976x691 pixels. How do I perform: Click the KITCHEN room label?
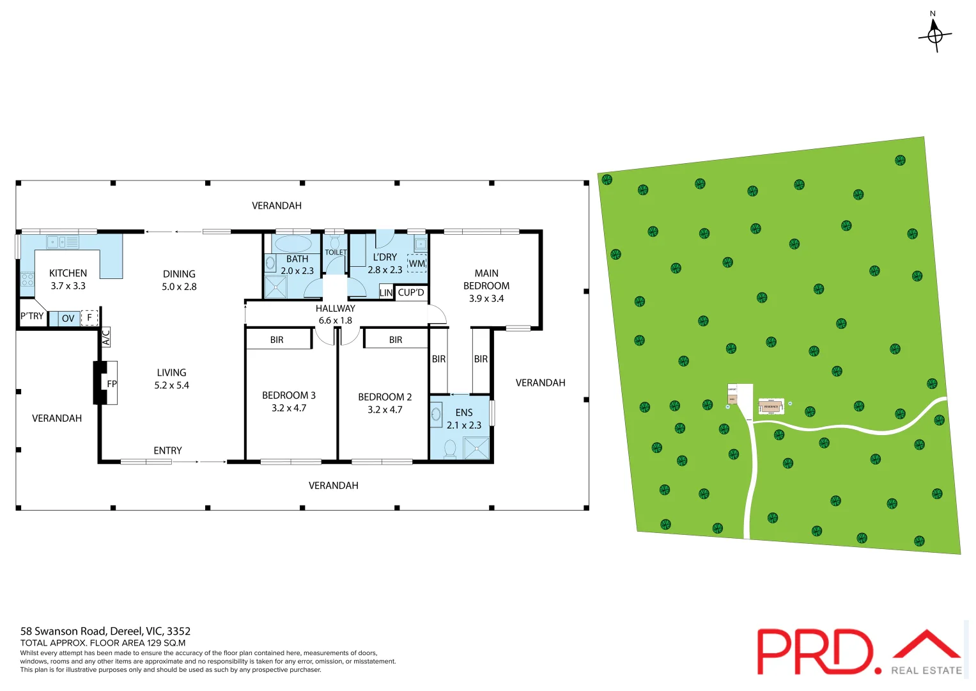click(x=68, y=273)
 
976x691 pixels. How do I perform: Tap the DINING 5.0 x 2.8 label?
click(x=179, y=280)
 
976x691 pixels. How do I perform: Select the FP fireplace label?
click(x=112, y=384)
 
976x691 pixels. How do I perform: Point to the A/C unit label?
click(x=106, y=337)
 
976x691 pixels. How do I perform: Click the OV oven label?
click(x=68, y=318)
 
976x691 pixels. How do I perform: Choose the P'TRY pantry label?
click(x=32, y=316)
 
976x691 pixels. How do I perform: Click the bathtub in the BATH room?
click(x=293, y=243)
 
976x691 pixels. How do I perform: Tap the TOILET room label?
click(x=336, y=252)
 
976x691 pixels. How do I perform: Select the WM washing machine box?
click(x=417, y=263)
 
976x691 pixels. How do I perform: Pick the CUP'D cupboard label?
click(x=411, y=292)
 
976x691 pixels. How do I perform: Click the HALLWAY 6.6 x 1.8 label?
click(x=336, y=314)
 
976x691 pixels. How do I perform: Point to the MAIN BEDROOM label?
click(x=486, y=285)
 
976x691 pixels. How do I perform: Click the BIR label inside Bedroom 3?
click(x=277, y=340)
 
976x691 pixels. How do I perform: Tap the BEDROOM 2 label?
click(x=385, y=397)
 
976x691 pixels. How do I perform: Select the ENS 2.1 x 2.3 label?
click(x=464, y=418)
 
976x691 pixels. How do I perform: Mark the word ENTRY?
click(x=167, y=450)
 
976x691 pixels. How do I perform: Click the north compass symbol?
click(x=934, y=35)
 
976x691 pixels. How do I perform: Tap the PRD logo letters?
click(x=815, y=651)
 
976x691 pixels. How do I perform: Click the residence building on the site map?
click(x=771, y=406)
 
